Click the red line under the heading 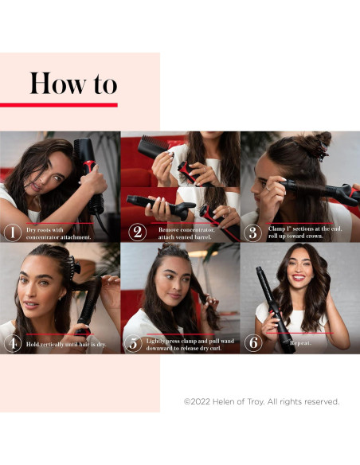[x=59, y=104]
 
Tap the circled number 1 [x=11, y=232]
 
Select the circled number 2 [x=136, y=232]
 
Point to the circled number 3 [x=254, y=232]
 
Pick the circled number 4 [x=11, y=344]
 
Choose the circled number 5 [x=133, y=344]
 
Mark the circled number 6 [x=254, y=344]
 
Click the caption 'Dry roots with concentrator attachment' [x=59, y=233]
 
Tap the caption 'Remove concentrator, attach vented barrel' [x=181, y=232]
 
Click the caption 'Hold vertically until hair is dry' [x=66, y=344]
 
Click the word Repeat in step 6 [x=300, y=344]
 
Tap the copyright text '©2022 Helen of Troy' [x=261, y=401]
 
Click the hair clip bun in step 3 [x=319, y=144]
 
